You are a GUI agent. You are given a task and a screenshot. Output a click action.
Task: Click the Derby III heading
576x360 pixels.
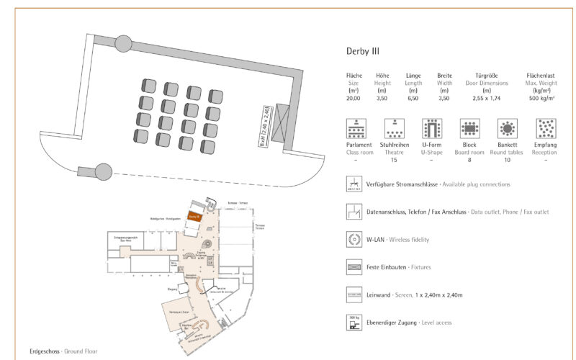pyautogui.click(x=363, y=51)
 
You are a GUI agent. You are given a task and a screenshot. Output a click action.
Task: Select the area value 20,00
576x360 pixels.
pyautogui.click(x=354, y=99)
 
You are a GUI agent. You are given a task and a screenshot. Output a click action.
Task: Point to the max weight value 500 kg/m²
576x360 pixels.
pyautogui.click(x=544, y=99)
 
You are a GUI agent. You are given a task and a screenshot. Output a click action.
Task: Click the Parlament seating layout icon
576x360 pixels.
pyautogui.click(x=354, y=129)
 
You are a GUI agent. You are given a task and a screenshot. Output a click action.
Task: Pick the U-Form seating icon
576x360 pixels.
pyautogui.click(x=431, y=129)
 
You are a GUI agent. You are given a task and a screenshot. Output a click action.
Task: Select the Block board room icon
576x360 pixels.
pyautogui.click(x=469, y=129)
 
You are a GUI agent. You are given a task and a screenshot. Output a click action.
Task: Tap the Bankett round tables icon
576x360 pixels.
pyautogui.click(x=508, y=129)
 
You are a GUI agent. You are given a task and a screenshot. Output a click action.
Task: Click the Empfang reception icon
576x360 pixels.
pyautogui.click(x=545, y=129)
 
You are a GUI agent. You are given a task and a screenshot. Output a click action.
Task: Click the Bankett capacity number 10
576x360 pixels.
pyautogui.click(x=508, y=160)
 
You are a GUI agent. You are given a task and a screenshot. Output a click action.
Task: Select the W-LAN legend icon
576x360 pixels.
pyautogui.click(x=354, y=239)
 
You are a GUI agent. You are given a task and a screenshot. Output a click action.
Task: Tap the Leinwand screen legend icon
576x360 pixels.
pyautogui.click(x=354, y=294)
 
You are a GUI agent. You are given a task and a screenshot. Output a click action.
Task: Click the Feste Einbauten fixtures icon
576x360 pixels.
pyautogui.click(x=354, y=267)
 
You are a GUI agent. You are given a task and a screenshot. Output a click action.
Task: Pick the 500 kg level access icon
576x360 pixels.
pyautogui.click(x=354, y=322)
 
